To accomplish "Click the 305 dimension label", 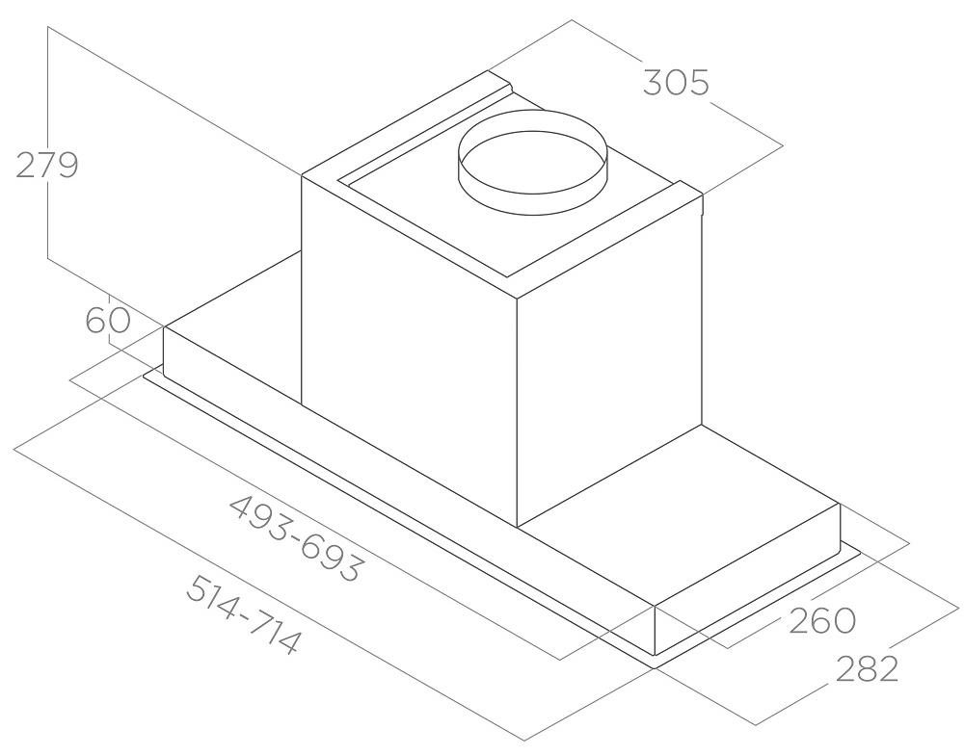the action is click(677, 82).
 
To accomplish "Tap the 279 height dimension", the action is click(47, 165).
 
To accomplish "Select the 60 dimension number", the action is click(108, 320).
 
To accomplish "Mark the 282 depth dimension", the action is click(867, 669).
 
